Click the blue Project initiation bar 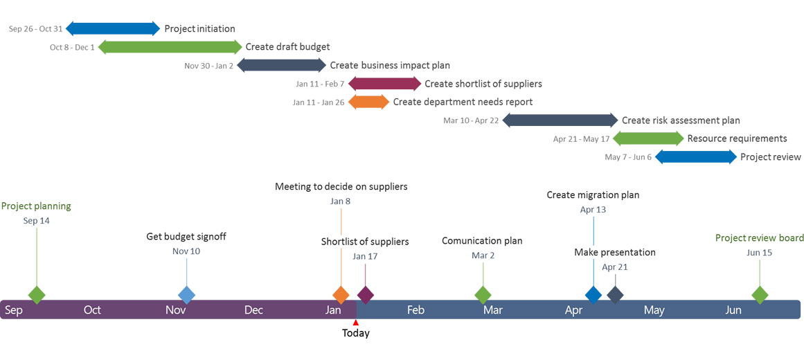pos(111,28)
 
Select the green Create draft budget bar pos(170,47)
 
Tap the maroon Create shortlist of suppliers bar pos(384,84)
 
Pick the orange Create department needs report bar pos(368,102)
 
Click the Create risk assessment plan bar pos(560,120)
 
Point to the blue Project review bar pos(695,157)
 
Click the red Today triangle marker pos(356,323)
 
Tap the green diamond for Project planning pos(37,294)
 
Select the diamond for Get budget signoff pos(186,294)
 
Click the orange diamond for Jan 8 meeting pos(341,294)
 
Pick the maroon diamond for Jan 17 pos(365,294)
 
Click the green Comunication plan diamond pos(483,294)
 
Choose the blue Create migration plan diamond pos(593,294)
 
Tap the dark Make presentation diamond pos(615,294)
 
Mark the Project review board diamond pos(760,294)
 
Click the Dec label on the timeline pos(253,310)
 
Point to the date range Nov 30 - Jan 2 pos(208,66)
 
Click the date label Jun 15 pos(759,253)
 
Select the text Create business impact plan pos(390,66)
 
